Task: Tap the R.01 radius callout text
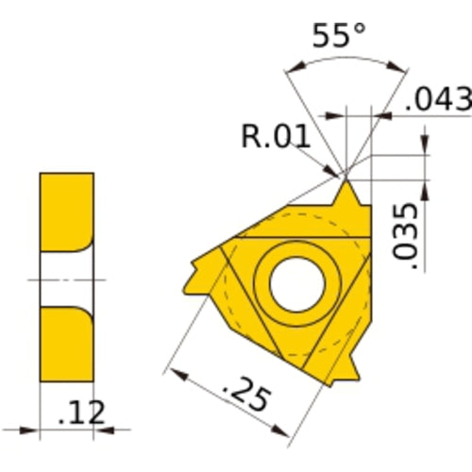click(277, 137)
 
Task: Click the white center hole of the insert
click(296, 281)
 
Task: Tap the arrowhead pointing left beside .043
click(383, 117)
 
